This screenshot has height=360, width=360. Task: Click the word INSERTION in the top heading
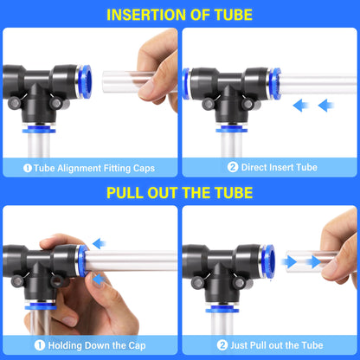[137, 14]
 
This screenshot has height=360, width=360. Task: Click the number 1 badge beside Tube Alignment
[28, 168]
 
